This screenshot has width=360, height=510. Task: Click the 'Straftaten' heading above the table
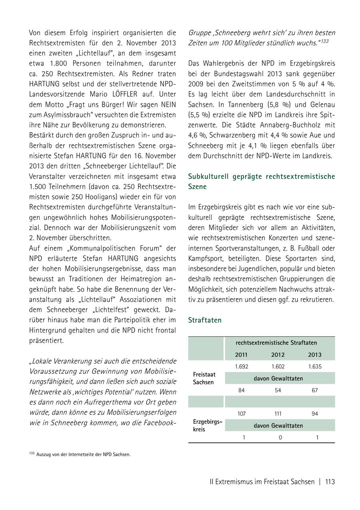tap(205, 320)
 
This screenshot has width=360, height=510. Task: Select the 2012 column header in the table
tap(278, 355)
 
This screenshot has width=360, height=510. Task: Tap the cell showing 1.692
tap(241, 367)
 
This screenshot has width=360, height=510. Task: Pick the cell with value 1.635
tap(315, 367)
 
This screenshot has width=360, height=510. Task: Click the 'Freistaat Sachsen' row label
tap(204, 378)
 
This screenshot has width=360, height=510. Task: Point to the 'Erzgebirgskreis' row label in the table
tap(207, 425)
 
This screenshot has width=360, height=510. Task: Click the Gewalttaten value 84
tap(241, 390)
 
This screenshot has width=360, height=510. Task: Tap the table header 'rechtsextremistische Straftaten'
tap(276, 343)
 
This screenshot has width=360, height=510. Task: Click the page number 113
tap(330, 482)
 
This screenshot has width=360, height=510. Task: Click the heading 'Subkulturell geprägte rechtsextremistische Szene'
tap(262, 181)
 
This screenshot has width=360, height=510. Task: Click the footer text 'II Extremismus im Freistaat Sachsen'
tap(262, 482)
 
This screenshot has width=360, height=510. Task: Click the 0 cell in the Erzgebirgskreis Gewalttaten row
tap(280, 437)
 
